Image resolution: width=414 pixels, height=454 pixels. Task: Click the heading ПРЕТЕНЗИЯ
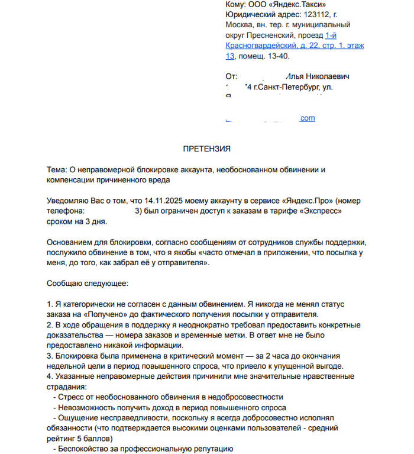206,149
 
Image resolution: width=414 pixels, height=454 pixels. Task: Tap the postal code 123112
316,15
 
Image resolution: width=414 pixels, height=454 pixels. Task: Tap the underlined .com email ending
307,118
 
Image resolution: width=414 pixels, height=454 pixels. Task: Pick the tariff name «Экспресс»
321,211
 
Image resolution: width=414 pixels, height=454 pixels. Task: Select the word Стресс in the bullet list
73,397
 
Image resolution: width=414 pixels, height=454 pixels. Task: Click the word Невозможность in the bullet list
87,407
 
